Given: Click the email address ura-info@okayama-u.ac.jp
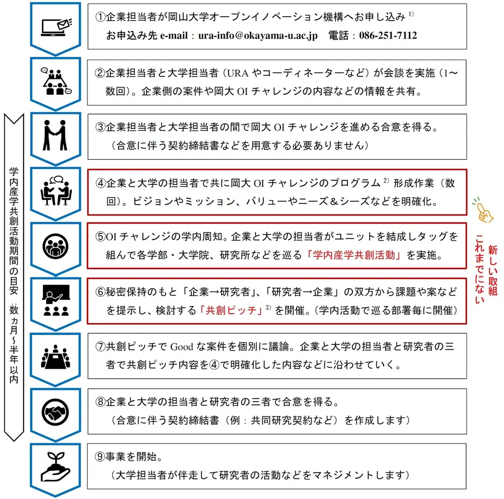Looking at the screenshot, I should pos(258,36).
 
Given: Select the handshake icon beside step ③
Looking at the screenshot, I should pos(55,135).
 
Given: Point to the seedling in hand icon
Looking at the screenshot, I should pos(55,465).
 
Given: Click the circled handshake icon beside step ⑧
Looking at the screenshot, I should pos(55,410).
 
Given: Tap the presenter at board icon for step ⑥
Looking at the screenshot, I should pos(55,300).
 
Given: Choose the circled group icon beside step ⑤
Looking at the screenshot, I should pos(55,244).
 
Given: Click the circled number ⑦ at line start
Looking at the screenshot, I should pos(100,346).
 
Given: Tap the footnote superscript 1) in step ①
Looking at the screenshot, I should pos(410,14).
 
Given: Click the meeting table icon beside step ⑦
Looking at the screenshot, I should pos(55,355).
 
